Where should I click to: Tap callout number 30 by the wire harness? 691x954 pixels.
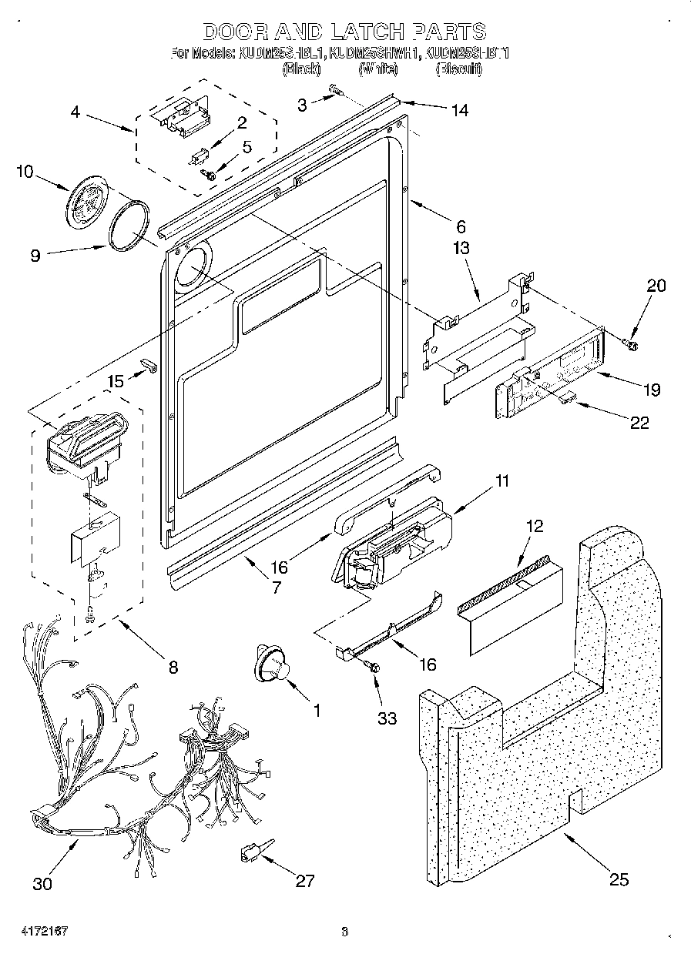(42, 883)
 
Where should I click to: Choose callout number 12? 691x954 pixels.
(533, 527)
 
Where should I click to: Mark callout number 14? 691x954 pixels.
(459, 110)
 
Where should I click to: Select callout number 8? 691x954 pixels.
(173, 668)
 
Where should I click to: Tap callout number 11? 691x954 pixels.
(502, 482)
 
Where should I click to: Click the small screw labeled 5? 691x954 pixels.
(208, 175)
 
